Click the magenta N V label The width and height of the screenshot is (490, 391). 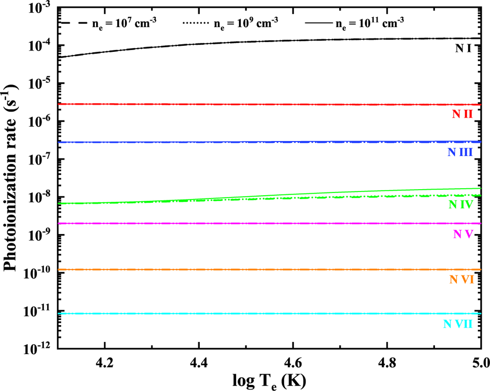(463, 234)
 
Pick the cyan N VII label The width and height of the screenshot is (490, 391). (458, 324)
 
